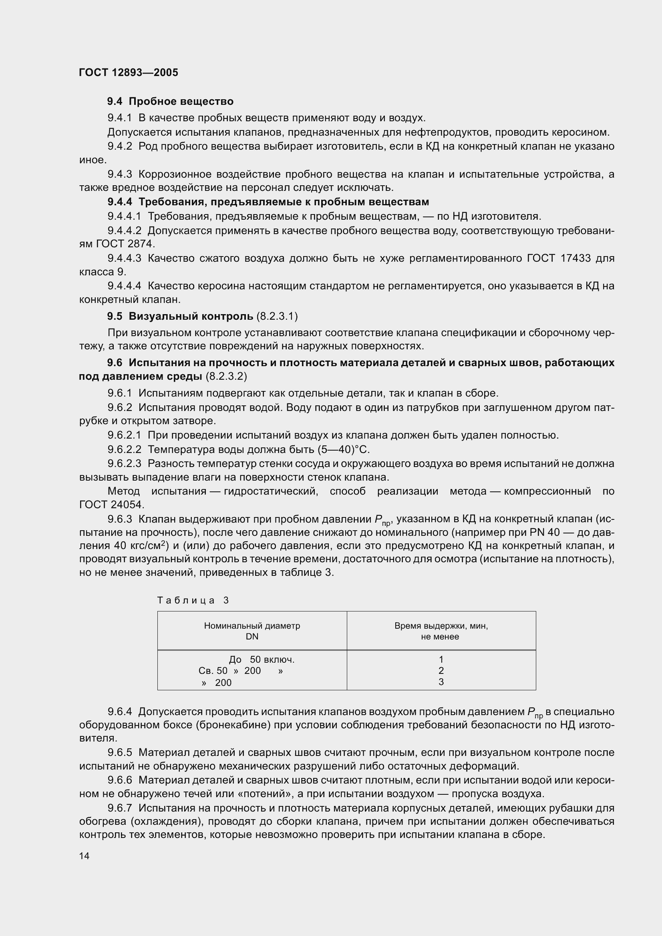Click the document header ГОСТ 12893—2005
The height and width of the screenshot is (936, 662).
[129, 72]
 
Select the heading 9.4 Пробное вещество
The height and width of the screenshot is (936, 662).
[170, 101]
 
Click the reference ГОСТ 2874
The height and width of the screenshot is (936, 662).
[125, 244]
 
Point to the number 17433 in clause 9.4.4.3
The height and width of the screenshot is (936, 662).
[575, 258]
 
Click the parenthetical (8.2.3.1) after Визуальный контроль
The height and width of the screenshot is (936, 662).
[277, 316]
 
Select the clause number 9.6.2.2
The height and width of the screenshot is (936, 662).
[124, 449]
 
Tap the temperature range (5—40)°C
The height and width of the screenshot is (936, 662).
[343, 449]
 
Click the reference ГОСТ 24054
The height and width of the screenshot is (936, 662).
[111, 505]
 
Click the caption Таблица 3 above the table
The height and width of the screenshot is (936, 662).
[193, 600]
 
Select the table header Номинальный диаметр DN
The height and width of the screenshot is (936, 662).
[252, 631]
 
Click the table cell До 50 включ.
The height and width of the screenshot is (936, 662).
[262, 659]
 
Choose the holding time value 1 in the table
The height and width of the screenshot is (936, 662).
[441, 659]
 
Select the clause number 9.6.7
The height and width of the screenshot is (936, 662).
[120, 808]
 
